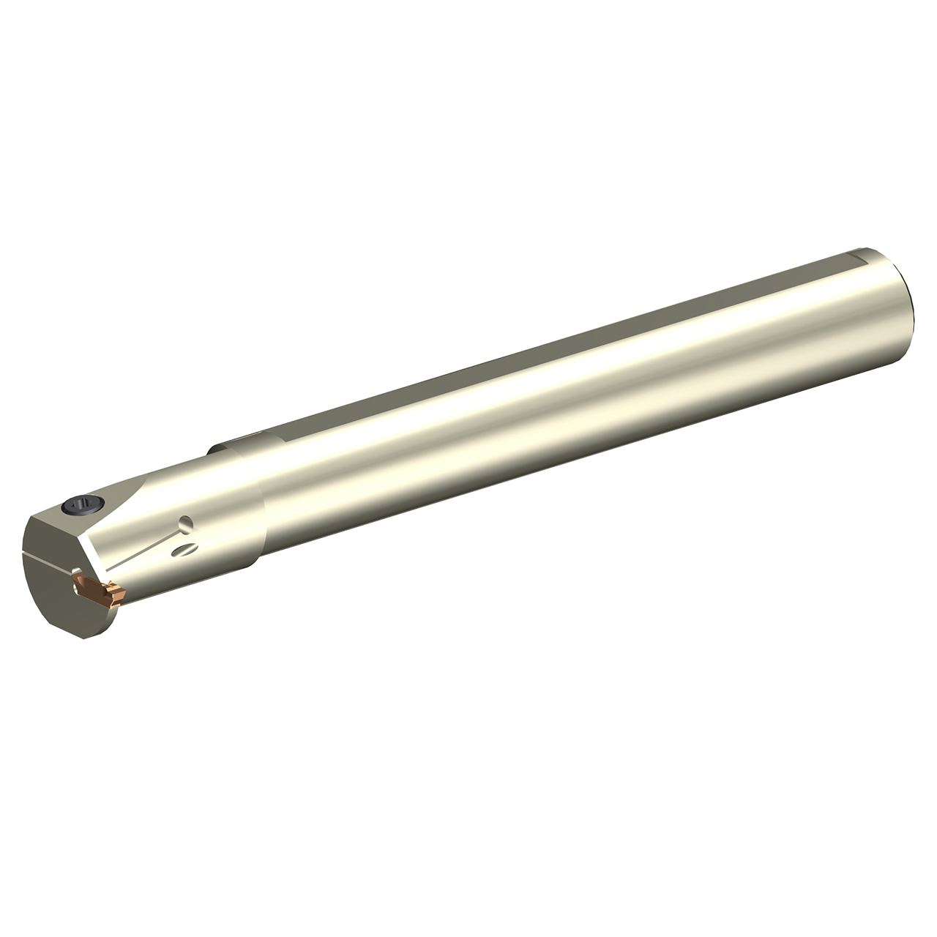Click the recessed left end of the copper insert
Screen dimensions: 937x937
click(82, 581)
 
